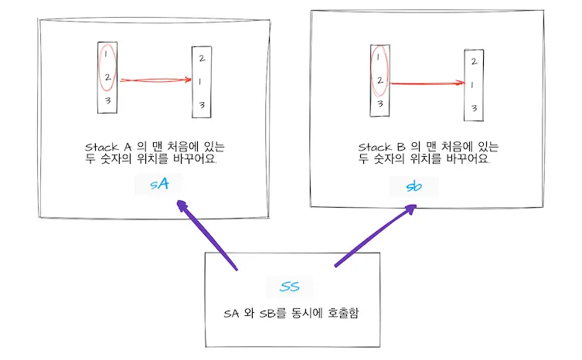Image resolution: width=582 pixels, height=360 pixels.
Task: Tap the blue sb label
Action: pos(414,186)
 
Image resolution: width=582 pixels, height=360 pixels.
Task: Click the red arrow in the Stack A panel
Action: pos(155,78)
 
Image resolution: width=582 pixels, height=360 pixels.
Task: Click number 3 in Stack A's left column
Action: pos(108,100)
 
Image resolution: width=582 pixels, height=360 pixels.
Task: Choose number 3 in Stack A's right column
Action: pos(201,104)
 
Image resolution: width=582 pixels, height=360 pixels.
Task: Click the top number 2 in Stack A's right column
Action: pos(201,58)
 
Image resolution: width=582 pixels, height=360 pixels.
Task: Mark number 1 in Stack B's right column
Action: pos(472,85)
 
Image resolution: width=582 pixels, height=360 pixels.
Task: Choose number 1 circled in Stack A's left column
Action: pos(107,54)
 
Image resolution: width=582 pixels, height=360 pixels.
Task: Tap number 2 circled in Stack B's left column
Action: pos(379,80)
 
